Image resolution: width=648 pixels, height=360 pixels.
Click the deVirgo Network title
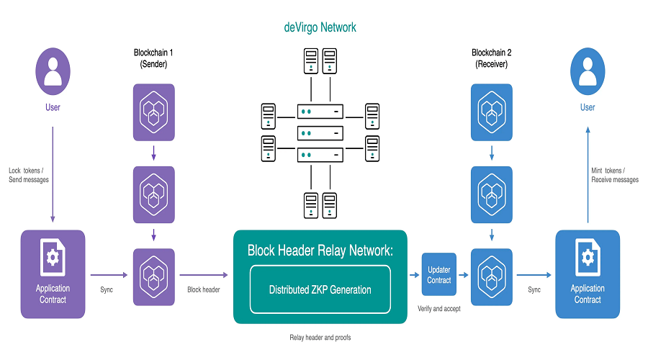coord(320,27)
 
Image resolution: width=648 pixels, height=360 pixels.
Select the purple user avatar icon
coord(53,71)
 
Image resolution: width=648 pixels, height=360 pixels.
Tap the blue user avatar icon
coord(588,71)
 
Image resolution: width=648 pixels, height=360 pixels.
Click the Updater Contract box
coord(439,274)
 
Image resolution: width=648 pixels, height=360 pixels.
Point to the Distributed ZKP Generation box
coord(320,289)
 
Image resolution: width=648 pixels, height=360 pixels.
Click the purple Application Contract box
coord(53,274)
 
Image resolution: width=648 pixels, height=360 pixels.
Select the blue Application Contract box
coord(588,274)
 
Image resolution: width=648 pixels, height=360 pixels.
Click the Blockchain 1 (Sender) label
coord(153,58)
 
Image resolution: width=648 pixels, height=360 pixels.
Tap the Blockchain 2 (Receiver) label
coord(491,58)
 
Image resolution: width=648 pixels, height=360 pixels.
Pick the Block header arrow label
coord(204,289)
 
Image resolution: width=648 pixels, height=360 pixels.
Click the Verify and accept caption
coord(439,309)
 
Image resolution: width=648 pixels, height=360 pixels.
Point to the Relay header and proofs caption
coord(320,338)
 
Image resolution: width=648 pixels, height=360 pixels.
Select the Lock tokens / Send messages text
coord(29,175)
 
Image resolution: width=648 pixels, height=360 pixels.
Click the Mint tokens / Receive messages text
coord(615,175)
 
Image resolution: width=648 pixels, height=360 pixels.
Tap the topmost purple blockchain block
coord(154,112)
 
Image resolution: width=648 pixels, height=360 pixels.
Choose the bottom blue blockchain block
coord(492,277)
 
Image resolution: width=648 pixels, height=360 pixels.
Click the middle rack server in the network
coord(320,133)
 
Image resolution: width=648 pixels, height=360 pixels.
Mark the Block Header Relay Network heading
coord(320,251)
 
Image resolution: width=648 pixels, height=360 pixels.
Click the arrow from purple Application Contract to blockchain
coord(109,275)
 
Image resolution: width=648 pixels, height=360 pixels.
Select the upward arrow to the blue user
coord(588,175)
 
